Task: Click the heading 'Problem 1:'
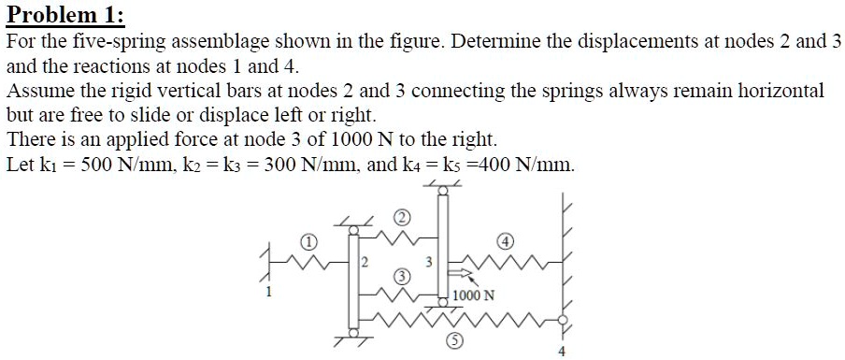coord(64,16)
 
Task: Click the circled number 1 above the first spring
coord(308,241)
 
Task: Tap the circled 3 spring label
coord(401,276)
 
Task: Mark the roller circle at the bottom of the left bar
coord(352,331)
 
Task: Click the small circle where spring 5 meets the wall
coord(562,319)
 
